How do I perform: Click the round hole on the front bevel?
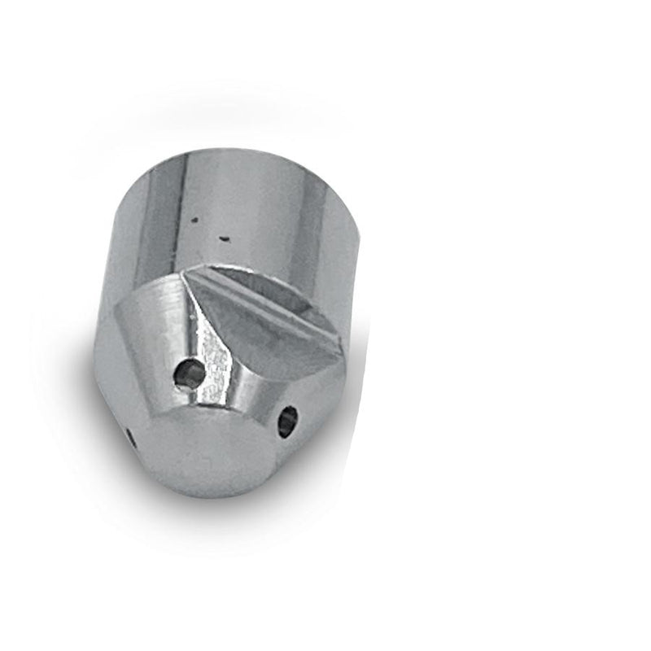pyautogui.click(x=190, y=374)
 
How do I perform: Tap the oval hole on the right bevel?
pyautogui.click(x=287, y=421)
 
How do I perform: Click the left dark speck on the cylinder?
pyautogui.click(x=194, y=219)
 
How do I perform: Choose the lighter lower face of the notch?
pyautogui.click(x=252, y=334)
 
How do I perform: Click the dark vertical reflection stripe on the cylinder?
pyautogui.click(x=159, y=220)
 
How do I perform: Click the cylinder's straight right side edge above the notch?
pyautogui.click(x=355, y=244)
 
